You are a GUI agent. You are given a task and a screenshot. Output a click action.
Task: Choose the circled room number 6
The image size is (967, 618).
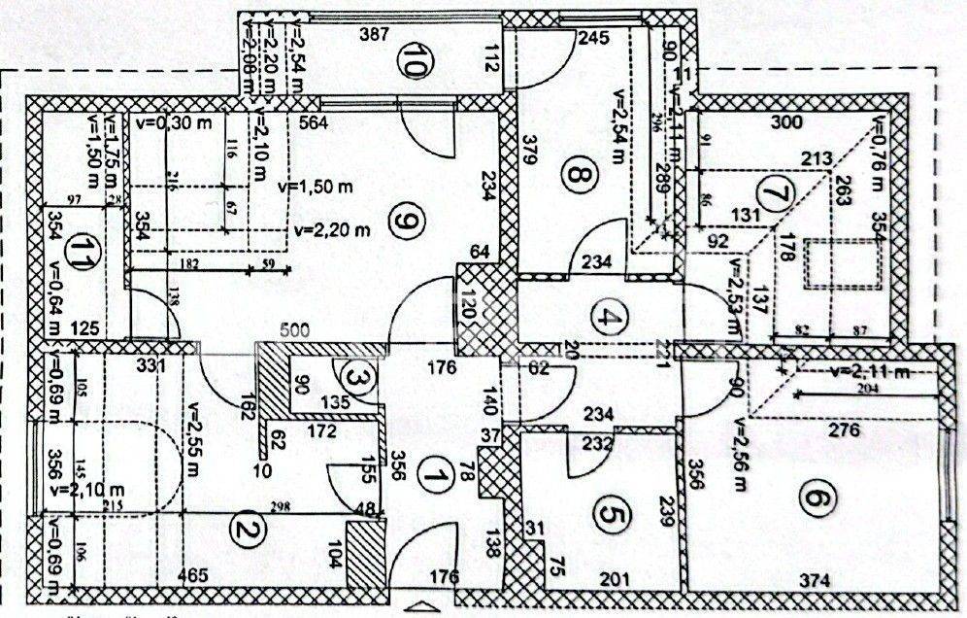(x=815, y=498)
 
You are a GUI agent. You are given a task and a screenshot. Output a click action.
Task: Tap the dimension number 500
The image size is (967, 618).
(x=295, y=330)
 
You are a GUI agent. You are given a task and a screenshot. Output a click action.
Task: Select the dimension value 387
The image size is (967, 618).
(x=374, y=34)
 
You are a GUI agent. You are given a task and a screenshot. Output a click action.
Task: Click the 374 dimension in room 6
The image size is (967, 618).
(x=815, y=580)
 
